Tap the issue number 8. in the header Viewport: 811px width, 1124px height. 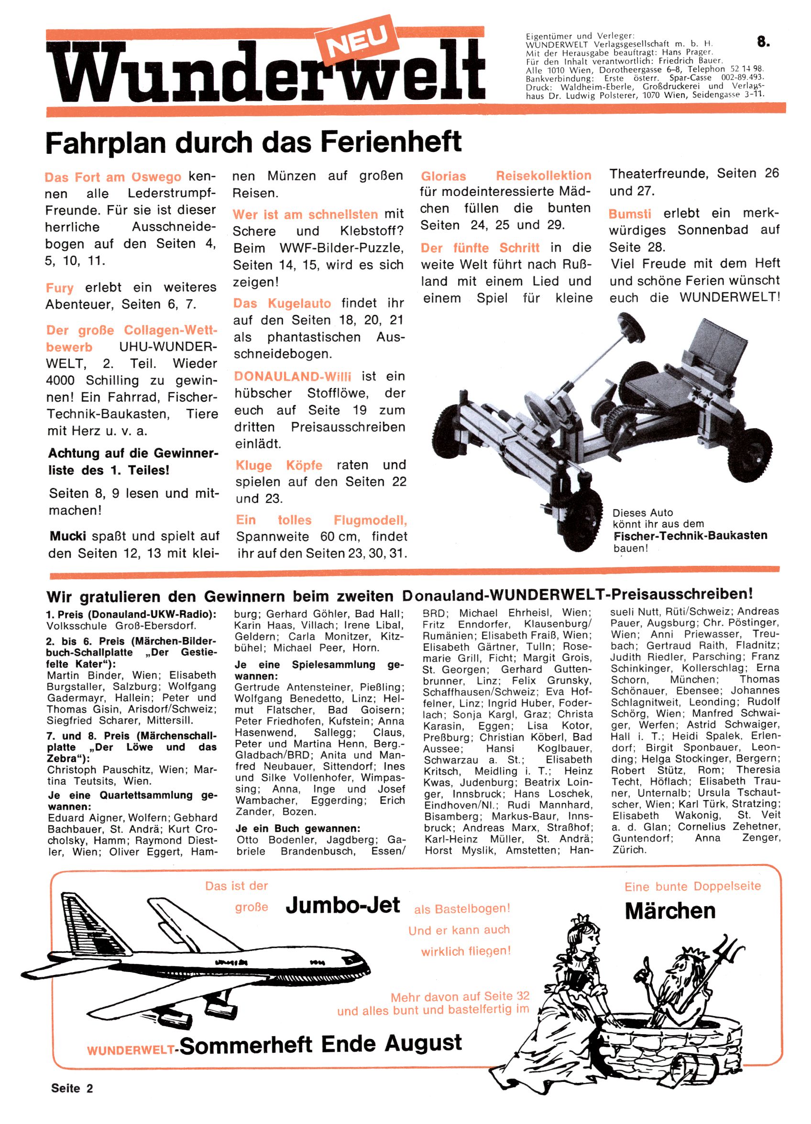tap(763, 42)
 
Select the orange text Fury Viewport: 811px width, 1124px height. tap(59, 288)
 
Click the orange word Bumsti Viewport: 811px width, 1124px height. tap(629, 214)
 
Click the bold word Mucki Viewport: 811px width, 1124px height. tap(68, 536)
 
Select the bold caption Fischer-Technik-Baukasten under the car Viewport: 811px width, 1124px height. tap(690, 536)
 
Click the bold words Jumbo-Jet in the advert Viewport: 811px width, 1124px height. tap(343, 905)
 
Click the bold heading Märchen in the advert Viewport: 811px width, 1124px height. tap(670, 911)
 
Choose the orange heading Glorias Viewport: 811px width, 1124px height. tap(443, 176)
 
